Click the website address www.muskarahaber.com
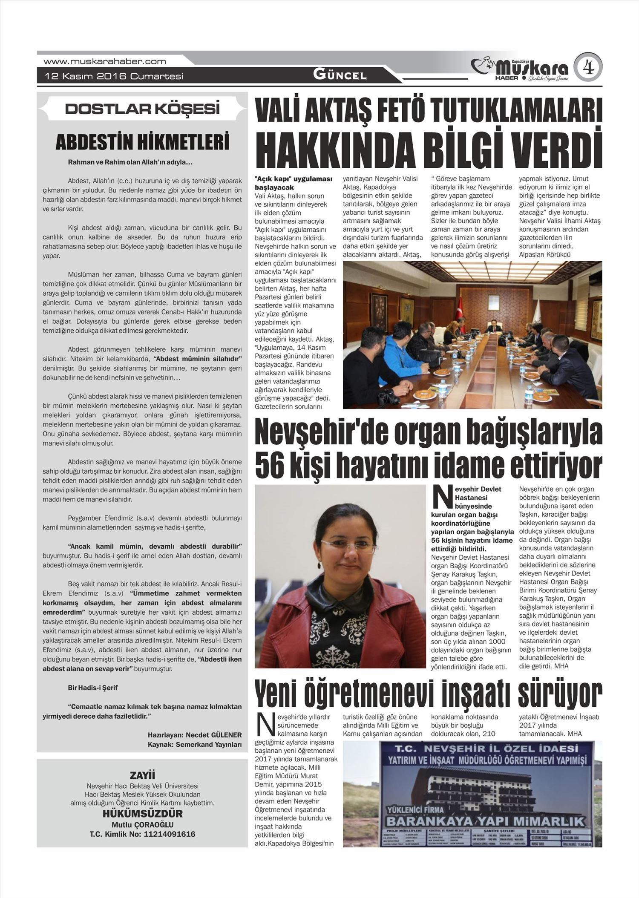105,61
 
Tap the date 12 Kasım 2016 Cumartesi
114,76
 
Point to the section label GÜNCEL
340,75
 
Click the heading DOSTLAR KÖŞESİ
142,109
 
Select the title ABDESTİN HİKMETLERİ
142,143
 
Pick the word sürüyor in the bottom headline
560,694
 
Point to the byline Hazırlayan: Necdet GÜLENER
195,735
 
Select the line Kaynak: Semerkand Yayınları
195,745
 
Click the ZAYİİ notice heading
142,775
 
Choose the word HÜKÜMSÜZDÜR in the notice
142,814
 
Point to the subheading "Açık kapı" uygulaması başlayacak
294,183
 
